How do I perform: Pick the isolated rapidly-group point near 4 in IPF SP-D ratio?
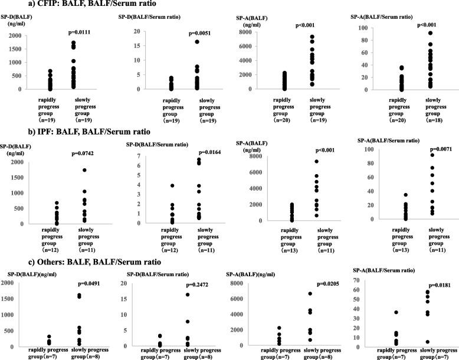155,185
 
